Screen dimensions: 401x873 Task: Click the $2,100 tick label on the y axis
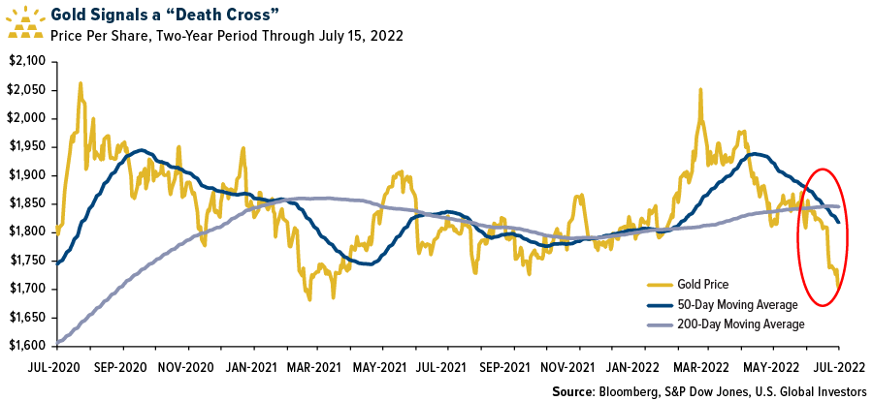pyautogui.click(x=28, y=61)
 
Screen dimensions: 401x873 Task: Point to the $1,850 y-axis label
pyautogui.click(x=28, y=203)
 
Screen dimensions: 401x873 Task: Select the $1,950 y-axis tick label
pyautogui.click(x=28, y=146)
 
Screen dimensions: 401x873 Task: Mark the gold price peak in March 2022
pyautogui.click(x=699, y=89)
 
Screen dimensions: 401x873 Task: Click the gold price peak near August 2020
pyautogui.click(x=80, y=83)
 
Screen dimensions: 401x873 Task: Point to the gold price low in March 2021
pyautogui.click(x=309, y=298)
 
